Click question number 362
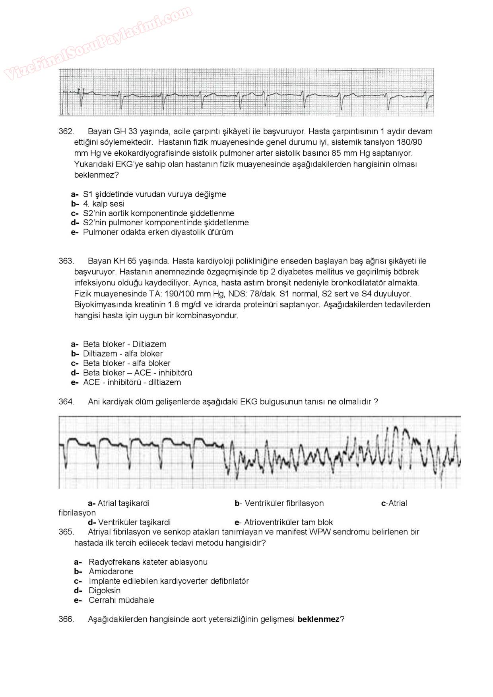(66, 132)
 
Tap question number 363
(66, 261)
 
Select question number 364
(66, 401)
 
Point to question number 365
(66, 532)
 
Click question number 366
(66, 619)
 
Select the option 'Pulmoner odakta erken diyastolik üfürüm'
(158, 232)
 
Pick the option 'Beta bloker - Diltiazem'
(124, 344)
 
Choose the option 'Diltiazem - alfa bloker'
(122, 354)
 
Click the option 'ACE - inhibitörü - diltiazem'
(132, 382)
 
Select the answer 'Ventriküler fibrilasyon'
(284, 503)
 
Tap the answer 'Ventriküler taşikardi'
(134, 522)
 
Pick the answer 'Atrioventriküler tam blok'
(288, 522)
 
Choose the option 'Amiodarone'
(111, 571)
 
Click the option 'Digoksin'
(104, 591)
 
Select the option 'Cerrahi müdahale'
(121, 600)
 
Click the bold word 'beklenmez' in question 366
(318, 619)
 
